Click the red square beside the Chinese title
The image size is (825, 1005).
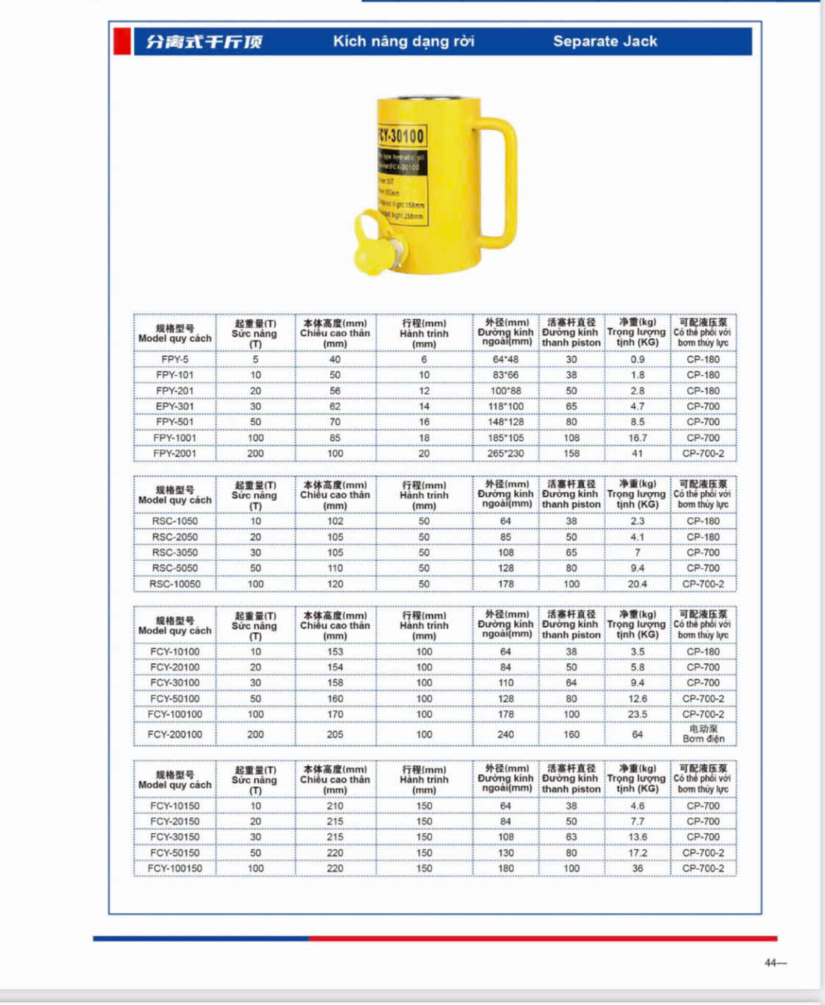(122, 41)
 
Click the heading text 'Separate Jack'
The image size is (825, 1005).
(604, 41)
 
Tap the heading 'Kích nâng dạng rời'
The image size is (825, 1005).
(404, 41)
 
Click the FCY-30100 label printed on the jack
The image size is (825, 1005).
(401, 135)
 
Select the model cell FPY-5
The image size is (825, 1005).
(175, 360)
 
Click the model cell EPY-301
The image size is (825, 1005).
(175, 406)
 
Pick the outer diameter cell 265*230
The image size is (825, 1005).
(505, 454)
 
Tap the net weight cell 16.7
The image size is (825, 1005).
(637, 437)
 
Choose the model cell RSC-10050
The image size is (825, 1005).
(175, 584)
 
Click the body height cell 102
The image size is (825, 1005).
(335, 521)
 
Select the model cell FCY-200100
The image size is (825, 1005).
(175, 734)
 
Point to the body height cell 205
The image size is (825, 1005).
(335, 734)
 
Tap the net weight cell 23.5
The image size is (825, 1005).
(637, 714)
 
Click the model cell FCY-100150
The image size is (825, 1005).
(175, 868)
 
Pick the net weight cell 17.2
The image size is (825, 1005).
(637, 853)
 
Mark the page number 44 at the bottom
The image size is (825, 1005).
(771, 962)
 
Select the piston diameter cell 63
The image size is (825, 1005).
(571, 837)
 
